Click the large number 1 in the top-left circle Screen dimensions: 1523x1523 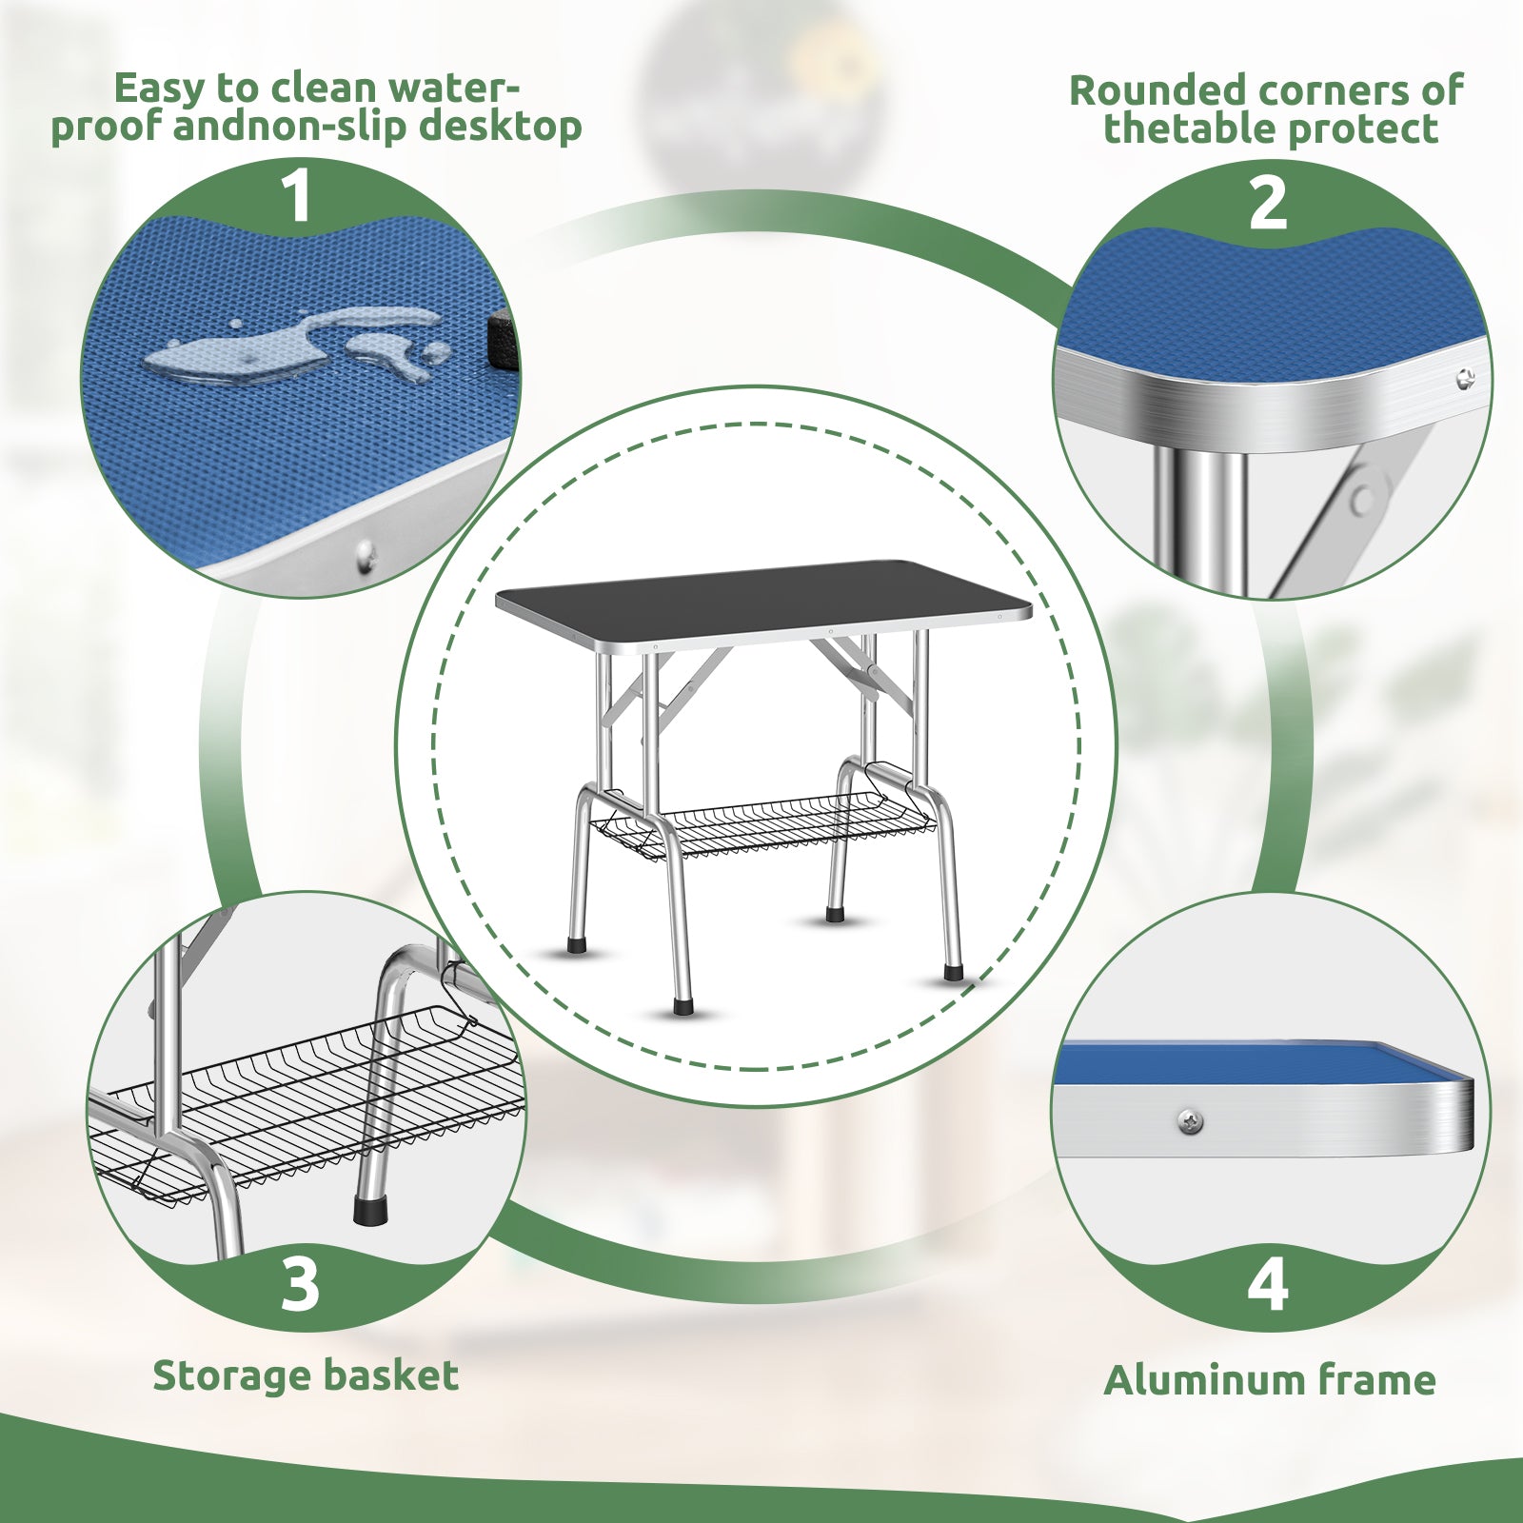coord(297,196)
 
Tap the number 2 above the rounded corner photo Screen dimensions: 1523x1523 coord(1267,203)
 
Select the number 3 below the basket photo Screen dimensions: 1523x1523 coord(300,1284)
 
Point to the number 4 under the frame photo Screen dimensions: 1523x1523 coord(1268,1284)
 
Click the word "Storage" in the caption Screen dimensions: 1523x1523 coord(231,1376)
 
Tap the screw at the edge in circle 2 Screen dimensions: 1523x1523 coord(1466,380)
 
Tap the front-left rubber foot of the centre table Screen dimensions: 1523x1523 coord(682,1005)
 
